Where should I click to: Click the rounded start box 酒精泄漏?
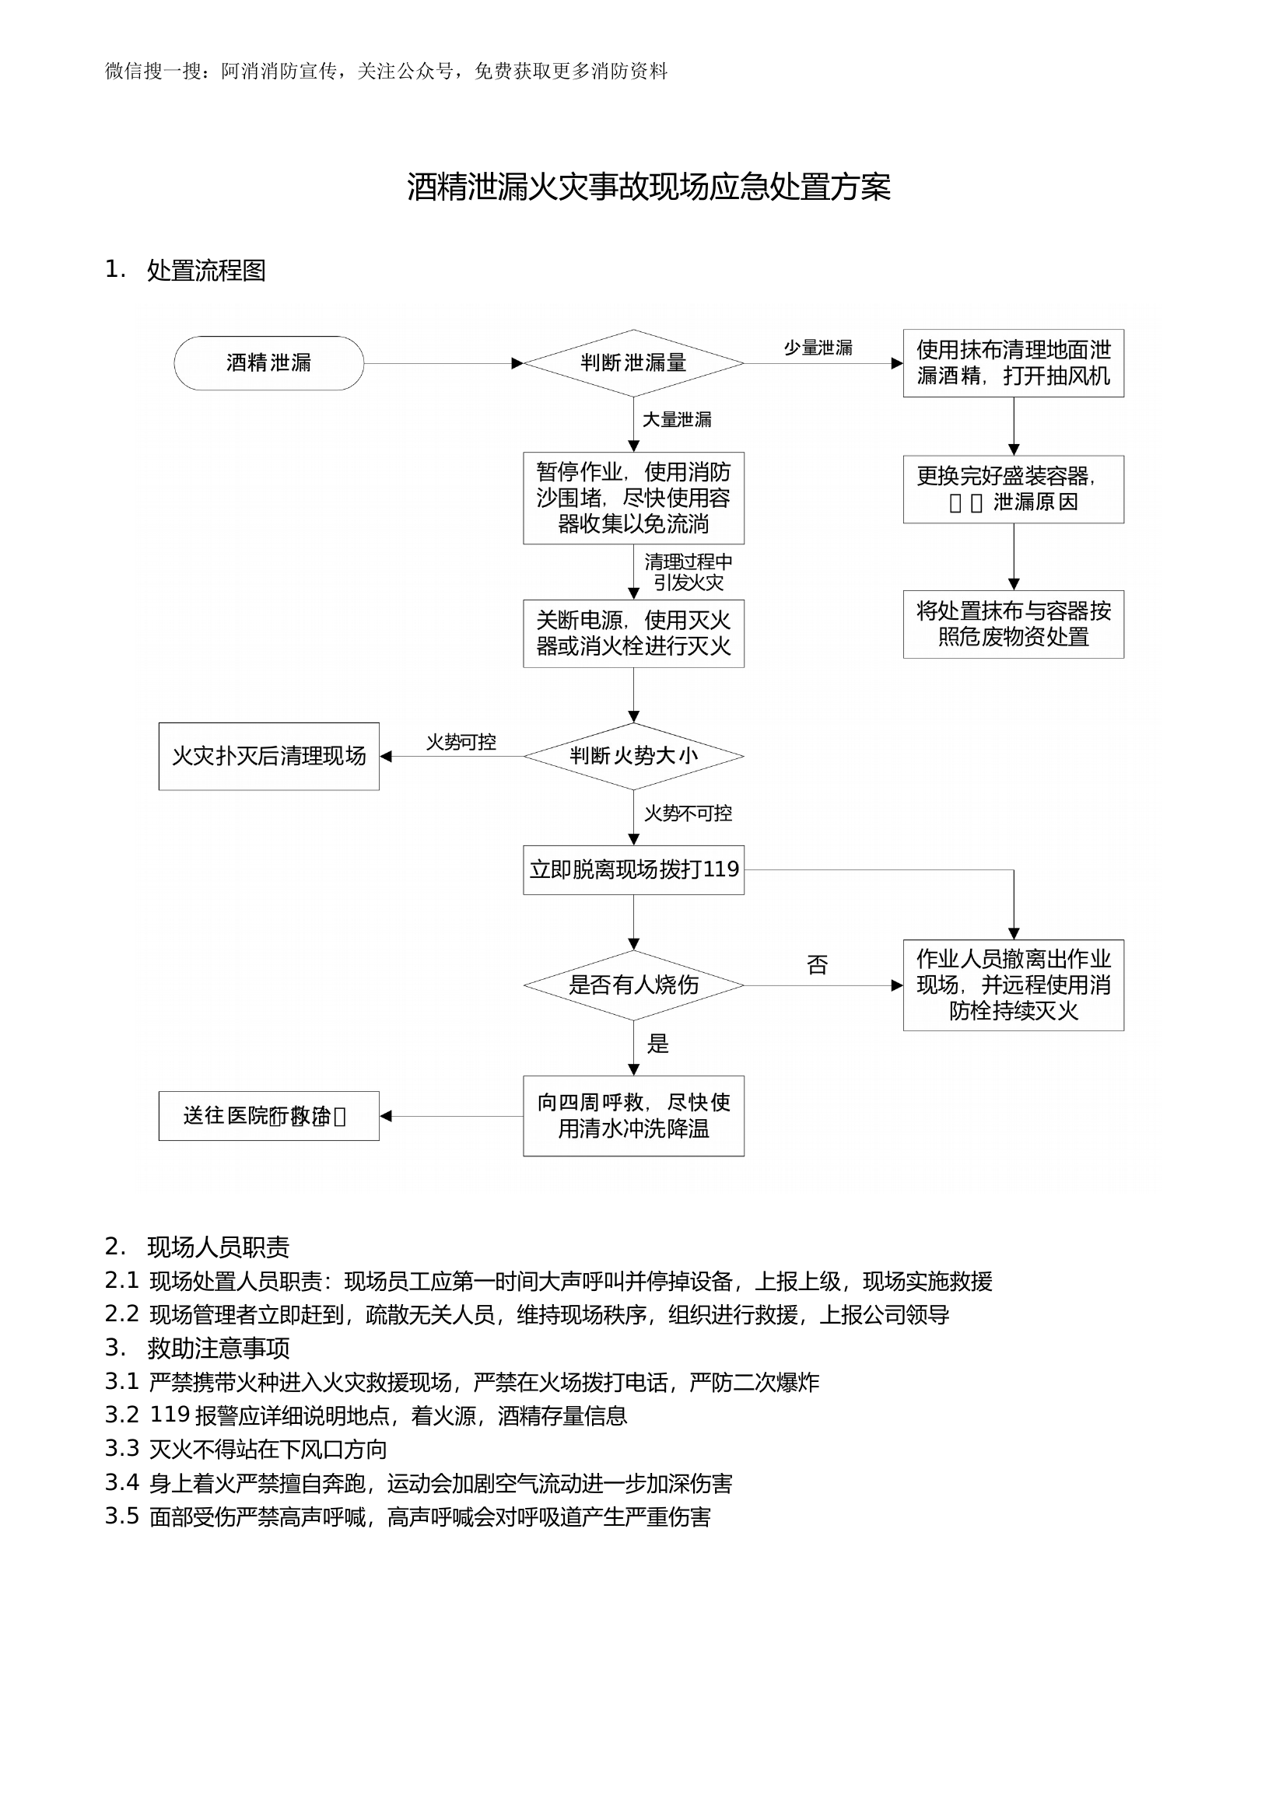click(268, 363)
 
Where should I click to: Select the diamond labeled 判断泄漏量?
click(633, 363)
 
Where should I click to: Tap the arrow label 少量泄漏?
click(818, 348)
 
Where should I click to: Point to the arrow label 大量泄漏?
click(676, 419)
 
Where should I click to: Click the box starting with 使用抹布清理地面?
click(1013, 363)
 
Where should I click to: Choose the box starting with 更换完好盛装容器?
click(1013, 489)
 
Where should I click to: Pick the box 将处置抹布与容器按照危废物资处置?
click(1013, 624)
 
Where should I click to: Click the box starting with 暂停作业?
click(633, 498)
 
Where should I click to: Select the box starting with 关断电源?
click(633, 633)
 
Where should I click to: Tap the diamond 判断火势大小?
click(633, 756)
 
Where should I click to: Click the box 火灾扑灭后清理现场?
click(268, 756)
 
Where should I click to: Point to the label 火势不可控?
click(688, 813)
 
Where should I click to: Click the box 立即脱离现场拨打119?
click(633, 869)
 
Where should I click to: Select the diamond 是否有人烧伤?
click(633, 985)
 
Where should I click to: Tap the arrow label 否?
click(817, 964)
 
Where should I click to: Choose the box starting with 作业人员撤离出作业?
click(1013, 985)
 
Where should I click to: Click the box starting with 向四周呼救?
click(633, 1115)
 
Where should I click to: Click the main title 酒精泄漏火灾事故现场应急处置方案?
click(648, 187)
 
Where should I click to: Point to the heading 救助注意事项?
click(218, 1348)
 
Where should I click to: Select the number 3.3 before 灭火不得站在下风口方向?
click(122, 1448)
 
